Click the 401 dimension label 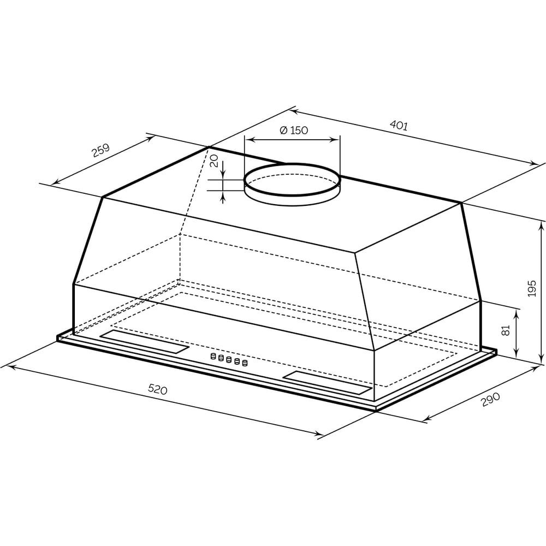point(399,125)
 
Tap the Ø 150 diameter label point(294,130)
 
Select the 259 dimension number point(100,150)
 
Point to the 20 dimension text point(214,161)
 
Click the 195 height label point(532,288)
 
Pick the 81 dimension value point(505,330)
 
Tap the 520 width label point(158,389)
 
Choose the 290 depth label point(490,400)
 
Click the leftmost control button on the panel point(213,356)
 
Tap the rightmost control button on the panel point(245,363)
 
